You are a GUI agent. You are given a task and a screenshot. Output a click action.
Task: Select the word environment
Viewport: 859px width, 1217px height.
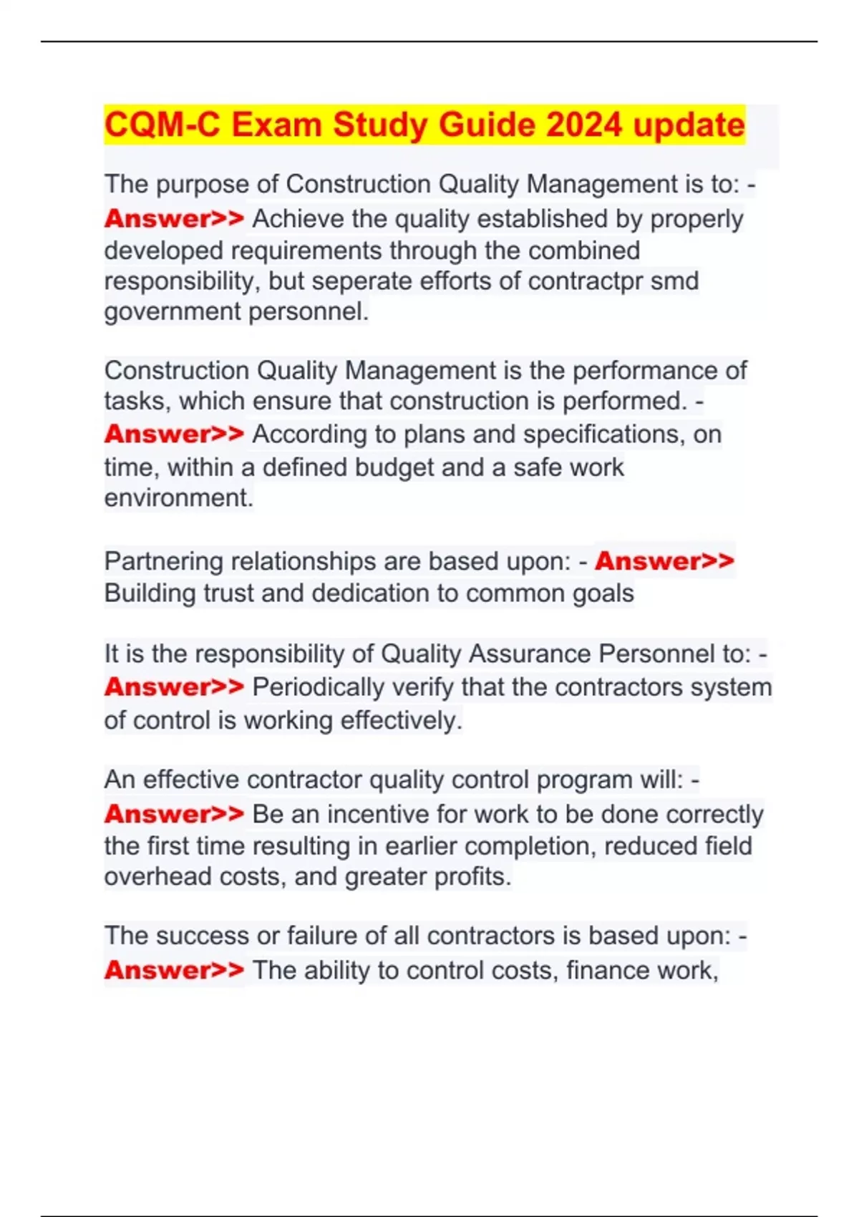point(179,498)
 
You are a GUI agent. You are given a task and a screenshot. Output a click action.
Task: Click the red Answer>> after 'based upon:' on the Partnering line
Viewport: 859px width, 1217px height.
point(664,561)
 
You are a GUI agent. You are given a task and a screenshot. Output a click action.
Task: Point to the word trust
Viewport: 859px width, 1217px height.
point(228,594)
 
